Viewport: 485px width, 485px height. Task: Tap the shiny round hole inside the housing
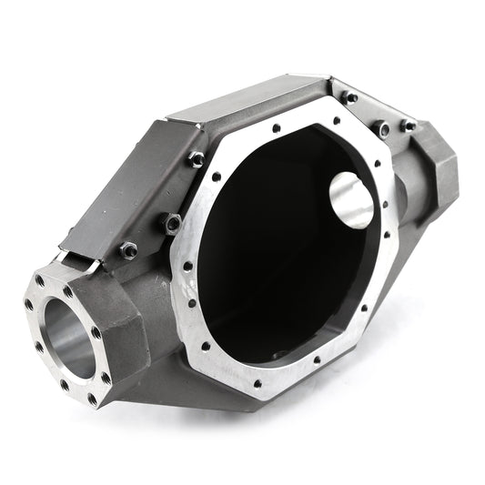coord(350,199)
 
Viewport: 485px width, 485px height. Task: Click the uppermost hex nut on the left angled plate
coord(197,158)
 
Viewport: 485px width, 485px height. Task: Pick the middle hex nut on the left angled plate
coord(170,221)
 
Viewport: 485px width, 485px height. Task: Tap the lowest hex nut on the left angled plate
coord(129,248)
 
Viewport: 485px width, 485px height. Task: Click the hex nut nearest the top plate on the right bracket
coord(350,97)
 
